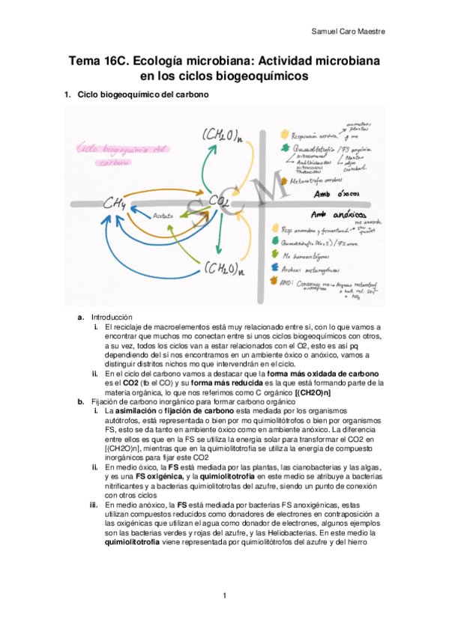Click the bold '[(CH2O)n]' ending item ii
click(313, 392)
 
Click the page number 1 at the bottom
click(224, 595)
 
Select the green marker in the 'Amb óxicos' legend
click(283, 151)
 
